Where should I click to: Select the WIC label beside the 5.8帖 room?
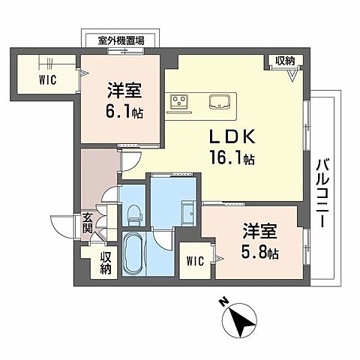[194, 262]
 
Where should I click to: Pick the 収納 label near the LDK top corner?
[284, 61]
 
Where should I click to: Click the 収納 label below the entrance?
[106, 262]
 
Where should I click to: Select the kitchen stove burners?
[180, 100]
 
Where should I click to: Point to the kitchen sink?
[220, 100]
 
